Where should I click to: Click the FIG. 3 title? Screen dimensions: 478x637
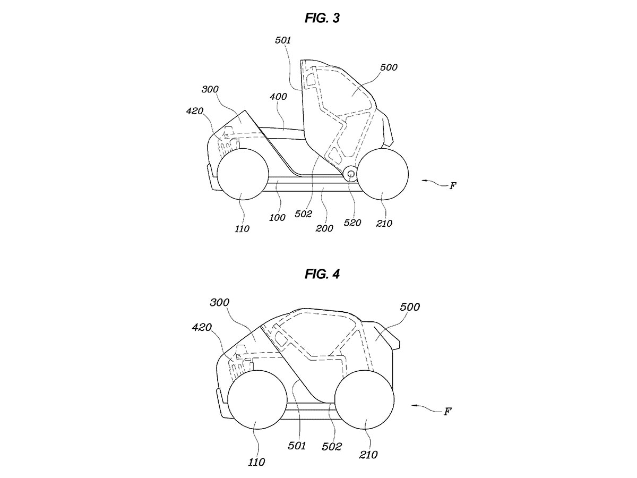click(322, 18)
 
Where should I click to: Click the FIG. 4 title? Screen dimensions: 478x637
click(322, 274)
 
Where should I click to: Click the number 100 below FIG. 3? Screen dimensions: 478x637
click(277, 217)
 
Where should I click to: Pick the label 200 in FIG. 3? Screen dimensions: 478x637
click(324, 228)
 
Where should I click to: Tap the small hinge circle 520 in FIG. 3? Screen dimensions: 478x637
click(350, 174)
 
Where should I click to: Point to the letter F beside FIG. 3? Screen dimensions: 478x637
click(452, 186)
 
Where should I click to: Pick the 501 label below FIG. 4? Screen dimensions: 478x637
click(297, 446)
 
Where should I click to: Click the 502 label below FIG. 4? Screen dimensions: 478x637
click(332, 447)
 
